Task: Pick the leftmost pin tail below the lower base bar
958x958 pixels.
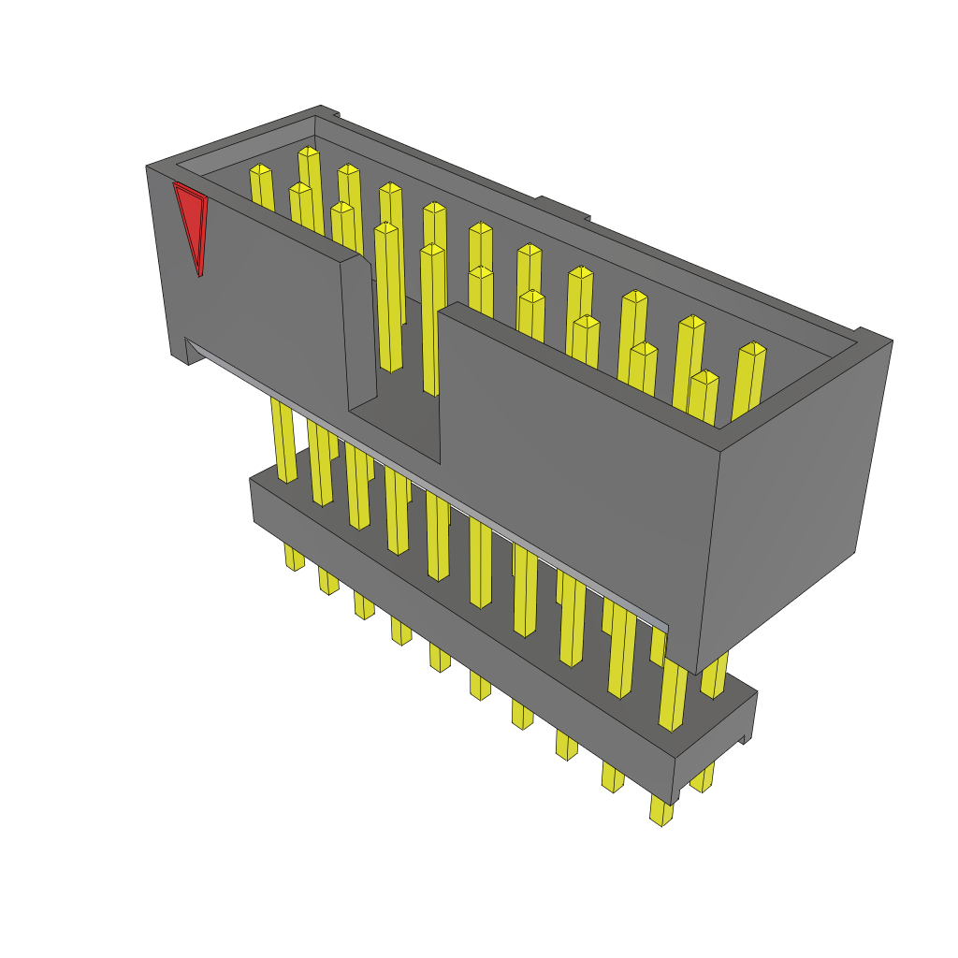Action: point(294,558)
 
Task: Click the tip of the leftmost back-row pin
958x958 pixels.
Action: point(261,171)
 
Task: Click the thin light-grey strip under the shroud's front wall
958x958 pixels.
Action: point(430,486)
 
